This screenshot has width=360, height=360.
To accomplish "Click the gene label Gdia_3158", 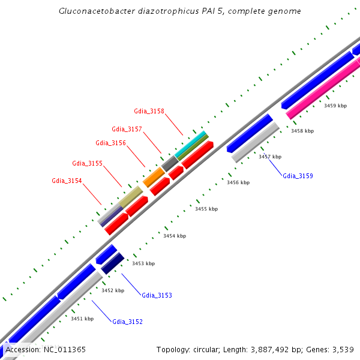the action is pos(149,111).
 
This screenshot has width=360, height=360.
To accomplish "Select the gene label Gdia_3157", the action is pos(127,129).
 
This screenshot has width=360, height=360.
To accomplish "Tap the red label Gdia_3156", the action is pos(110,143).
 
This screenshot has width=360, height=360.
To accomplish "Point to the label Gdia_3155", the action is pos(87,163).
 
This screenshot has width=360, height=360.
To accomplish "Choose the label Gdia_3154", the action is pos(67,181).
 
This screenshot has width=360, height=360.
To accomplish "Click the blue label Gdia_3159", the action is pos(298,176).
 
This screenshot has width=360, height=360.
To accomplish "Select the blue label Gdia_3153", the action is pos(157,295).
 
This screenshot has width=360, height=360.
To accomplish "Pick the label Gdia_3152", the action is pos(127,322).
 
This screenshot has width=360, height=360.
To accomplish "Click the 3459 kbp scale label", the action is pos(335,106).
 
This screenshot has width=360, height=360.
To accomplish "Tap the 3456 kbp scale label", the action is pos(238,182).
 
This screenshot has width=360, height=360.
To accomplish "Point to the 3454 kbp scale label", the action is pos(175,236).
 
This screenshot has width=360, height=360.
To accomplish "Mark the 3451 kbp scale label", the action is pos(82,319).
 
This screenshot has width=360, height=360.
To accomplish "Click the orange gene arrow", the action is pos(154,177).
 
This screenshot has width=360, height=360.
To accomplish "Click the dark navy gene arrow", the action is pos(112,263).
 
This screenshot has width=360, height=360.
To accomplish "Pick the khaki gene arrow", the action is pos(130,197).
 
